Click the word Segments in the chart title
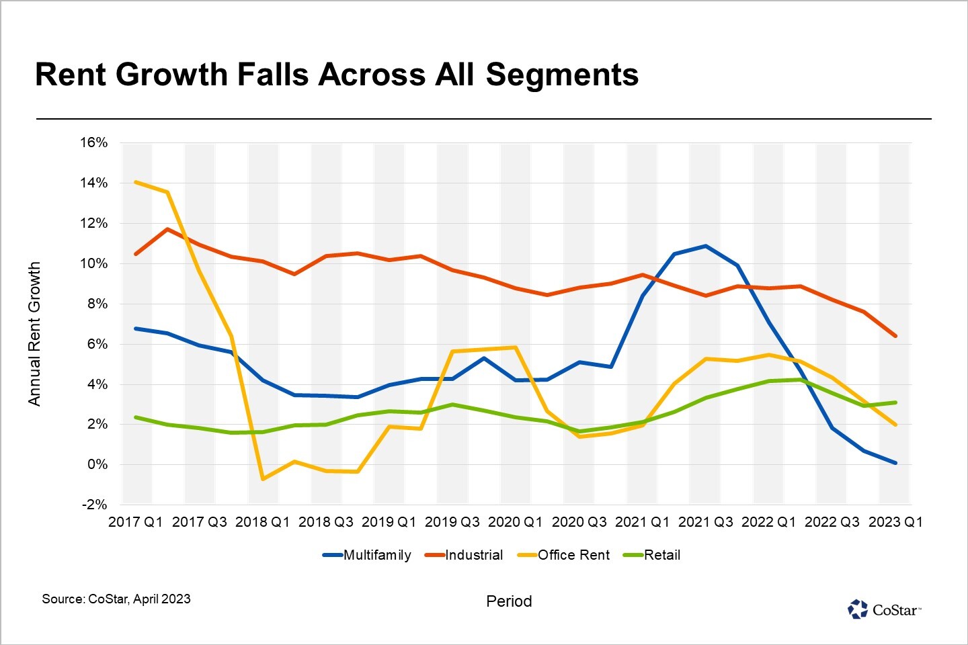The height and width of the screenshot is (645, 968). click(x=562, y=75)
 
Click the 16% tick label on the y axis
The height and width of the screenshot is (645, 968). click(x=93, y=142)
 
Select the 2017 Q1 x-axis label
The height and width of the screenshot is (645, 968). click(x=135, y=522)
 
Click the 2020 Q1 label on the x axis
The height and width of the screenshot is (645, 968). click(x=515, y=522)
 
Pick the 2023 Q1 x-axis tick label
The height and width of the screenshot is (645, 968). click(x=895, y=522)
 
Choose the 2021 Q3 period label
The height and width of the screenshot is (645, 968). click(x=705, y=522)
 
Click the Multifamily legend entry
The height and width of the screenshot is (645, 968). click(x=367, y=555)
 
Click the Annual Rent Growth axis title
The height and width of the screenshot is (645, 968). click(x=34, y=334)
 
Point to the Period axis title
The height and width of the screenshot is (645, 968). click(x=509, y=601)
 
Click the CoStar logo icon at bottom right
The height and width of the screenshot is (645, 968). click(x=858, y=609)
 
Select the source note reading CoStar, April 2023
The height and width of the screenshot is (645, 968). click(x=116, y=599)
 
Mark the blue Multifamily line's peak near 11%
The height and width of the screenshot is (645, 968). click(x=705, y=246)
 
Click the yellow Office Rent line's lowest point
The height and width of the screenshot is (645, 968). click(x=262, y=479)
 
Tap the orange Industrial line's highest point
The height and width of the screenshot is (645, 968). click(x=167, y=229)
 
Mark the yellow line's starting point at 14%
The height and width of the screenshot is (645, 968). click(x=136, y=182)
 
